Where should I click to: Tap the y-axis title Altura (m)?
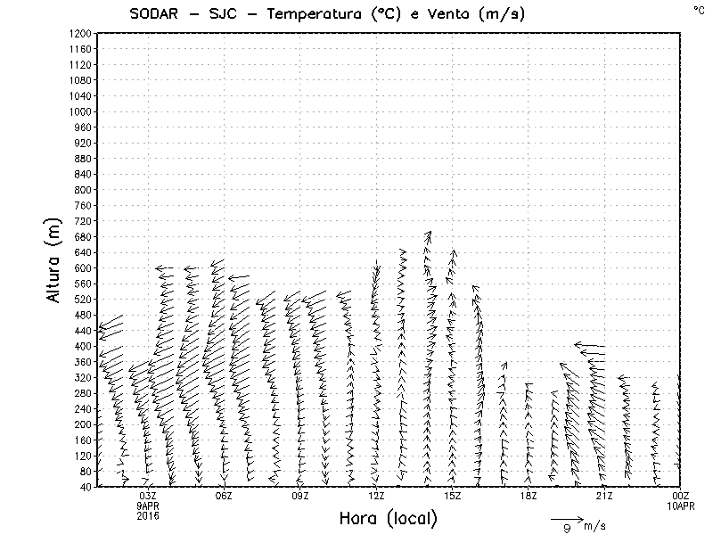[55, 259]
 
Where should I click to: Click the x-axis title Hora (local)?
[388, 518]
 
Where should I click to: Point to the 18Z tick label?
[528, 496]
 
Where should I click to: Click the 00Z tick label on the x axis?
[681, 496]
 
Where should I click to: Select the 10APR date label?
[681, 506]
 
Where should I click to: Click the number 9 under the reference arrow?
[566, 530]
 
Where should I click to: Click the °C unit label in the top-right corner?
[699, 9]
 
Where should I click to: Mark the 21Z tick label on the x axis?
[604, 496]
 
